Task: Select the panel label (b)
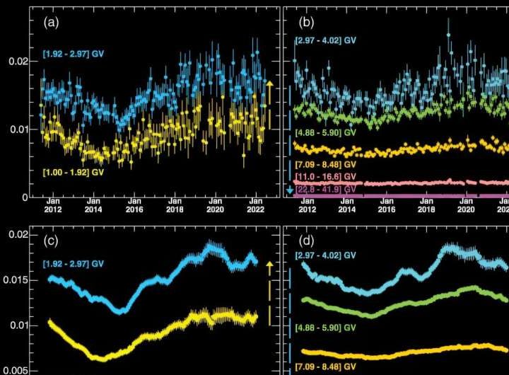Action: (303, 22)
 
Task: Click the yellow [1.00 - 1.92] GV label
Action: (73, 172)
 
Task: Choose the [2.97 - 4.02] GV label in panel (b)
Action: (325, 40)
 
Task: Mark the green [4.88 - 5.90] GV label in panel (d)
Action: (325, 328)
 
